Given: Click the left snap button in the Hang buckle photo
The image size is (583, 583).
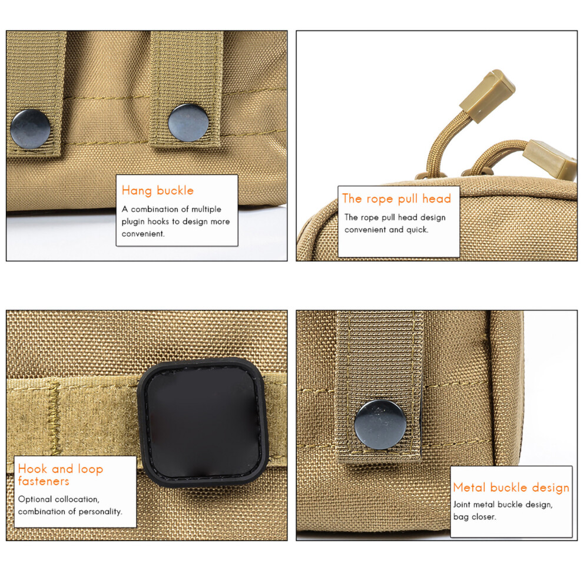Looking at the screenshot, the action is pos(31,129).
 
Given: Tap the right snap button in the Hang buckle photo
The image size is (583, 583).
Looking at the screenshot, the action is pos(188,122).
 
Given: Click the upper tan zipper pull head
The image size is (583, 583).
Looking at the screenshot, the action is pos(488,95).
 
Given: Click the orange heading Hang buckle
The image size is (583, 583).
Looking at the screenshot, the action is pos(158,191).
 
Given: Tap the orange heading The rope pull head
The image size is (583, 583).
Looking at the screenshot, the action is pos(397,199).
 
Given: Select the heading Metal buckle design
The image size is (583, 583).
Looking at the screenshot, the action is pos(511,488).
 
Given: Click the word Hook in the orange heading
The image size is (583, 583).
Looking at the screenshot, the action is pos(32,469).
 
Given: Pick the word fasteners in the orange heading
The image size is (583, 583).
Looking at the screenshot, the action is pos(44,481).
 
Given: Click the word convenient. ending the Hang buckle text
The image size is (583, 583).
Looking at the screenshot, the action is pos(143,234).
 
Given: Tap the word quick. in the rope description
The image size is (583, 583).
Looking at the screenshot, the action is pos(417,230).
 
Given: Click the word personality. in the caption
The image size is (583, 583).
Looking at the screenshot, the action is pos(100,512).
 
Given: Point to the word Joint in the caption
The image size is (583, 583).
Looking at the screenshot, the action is pos(462,505).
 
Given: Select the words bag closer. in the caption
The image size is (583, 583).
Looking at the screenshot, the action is pos(475,517).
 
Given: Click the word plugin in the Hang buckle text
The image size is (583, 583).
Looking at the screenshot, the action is pos(133,221).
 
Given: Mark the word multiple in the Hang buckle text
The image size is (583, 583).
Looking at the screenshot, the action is pos(206,209).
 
